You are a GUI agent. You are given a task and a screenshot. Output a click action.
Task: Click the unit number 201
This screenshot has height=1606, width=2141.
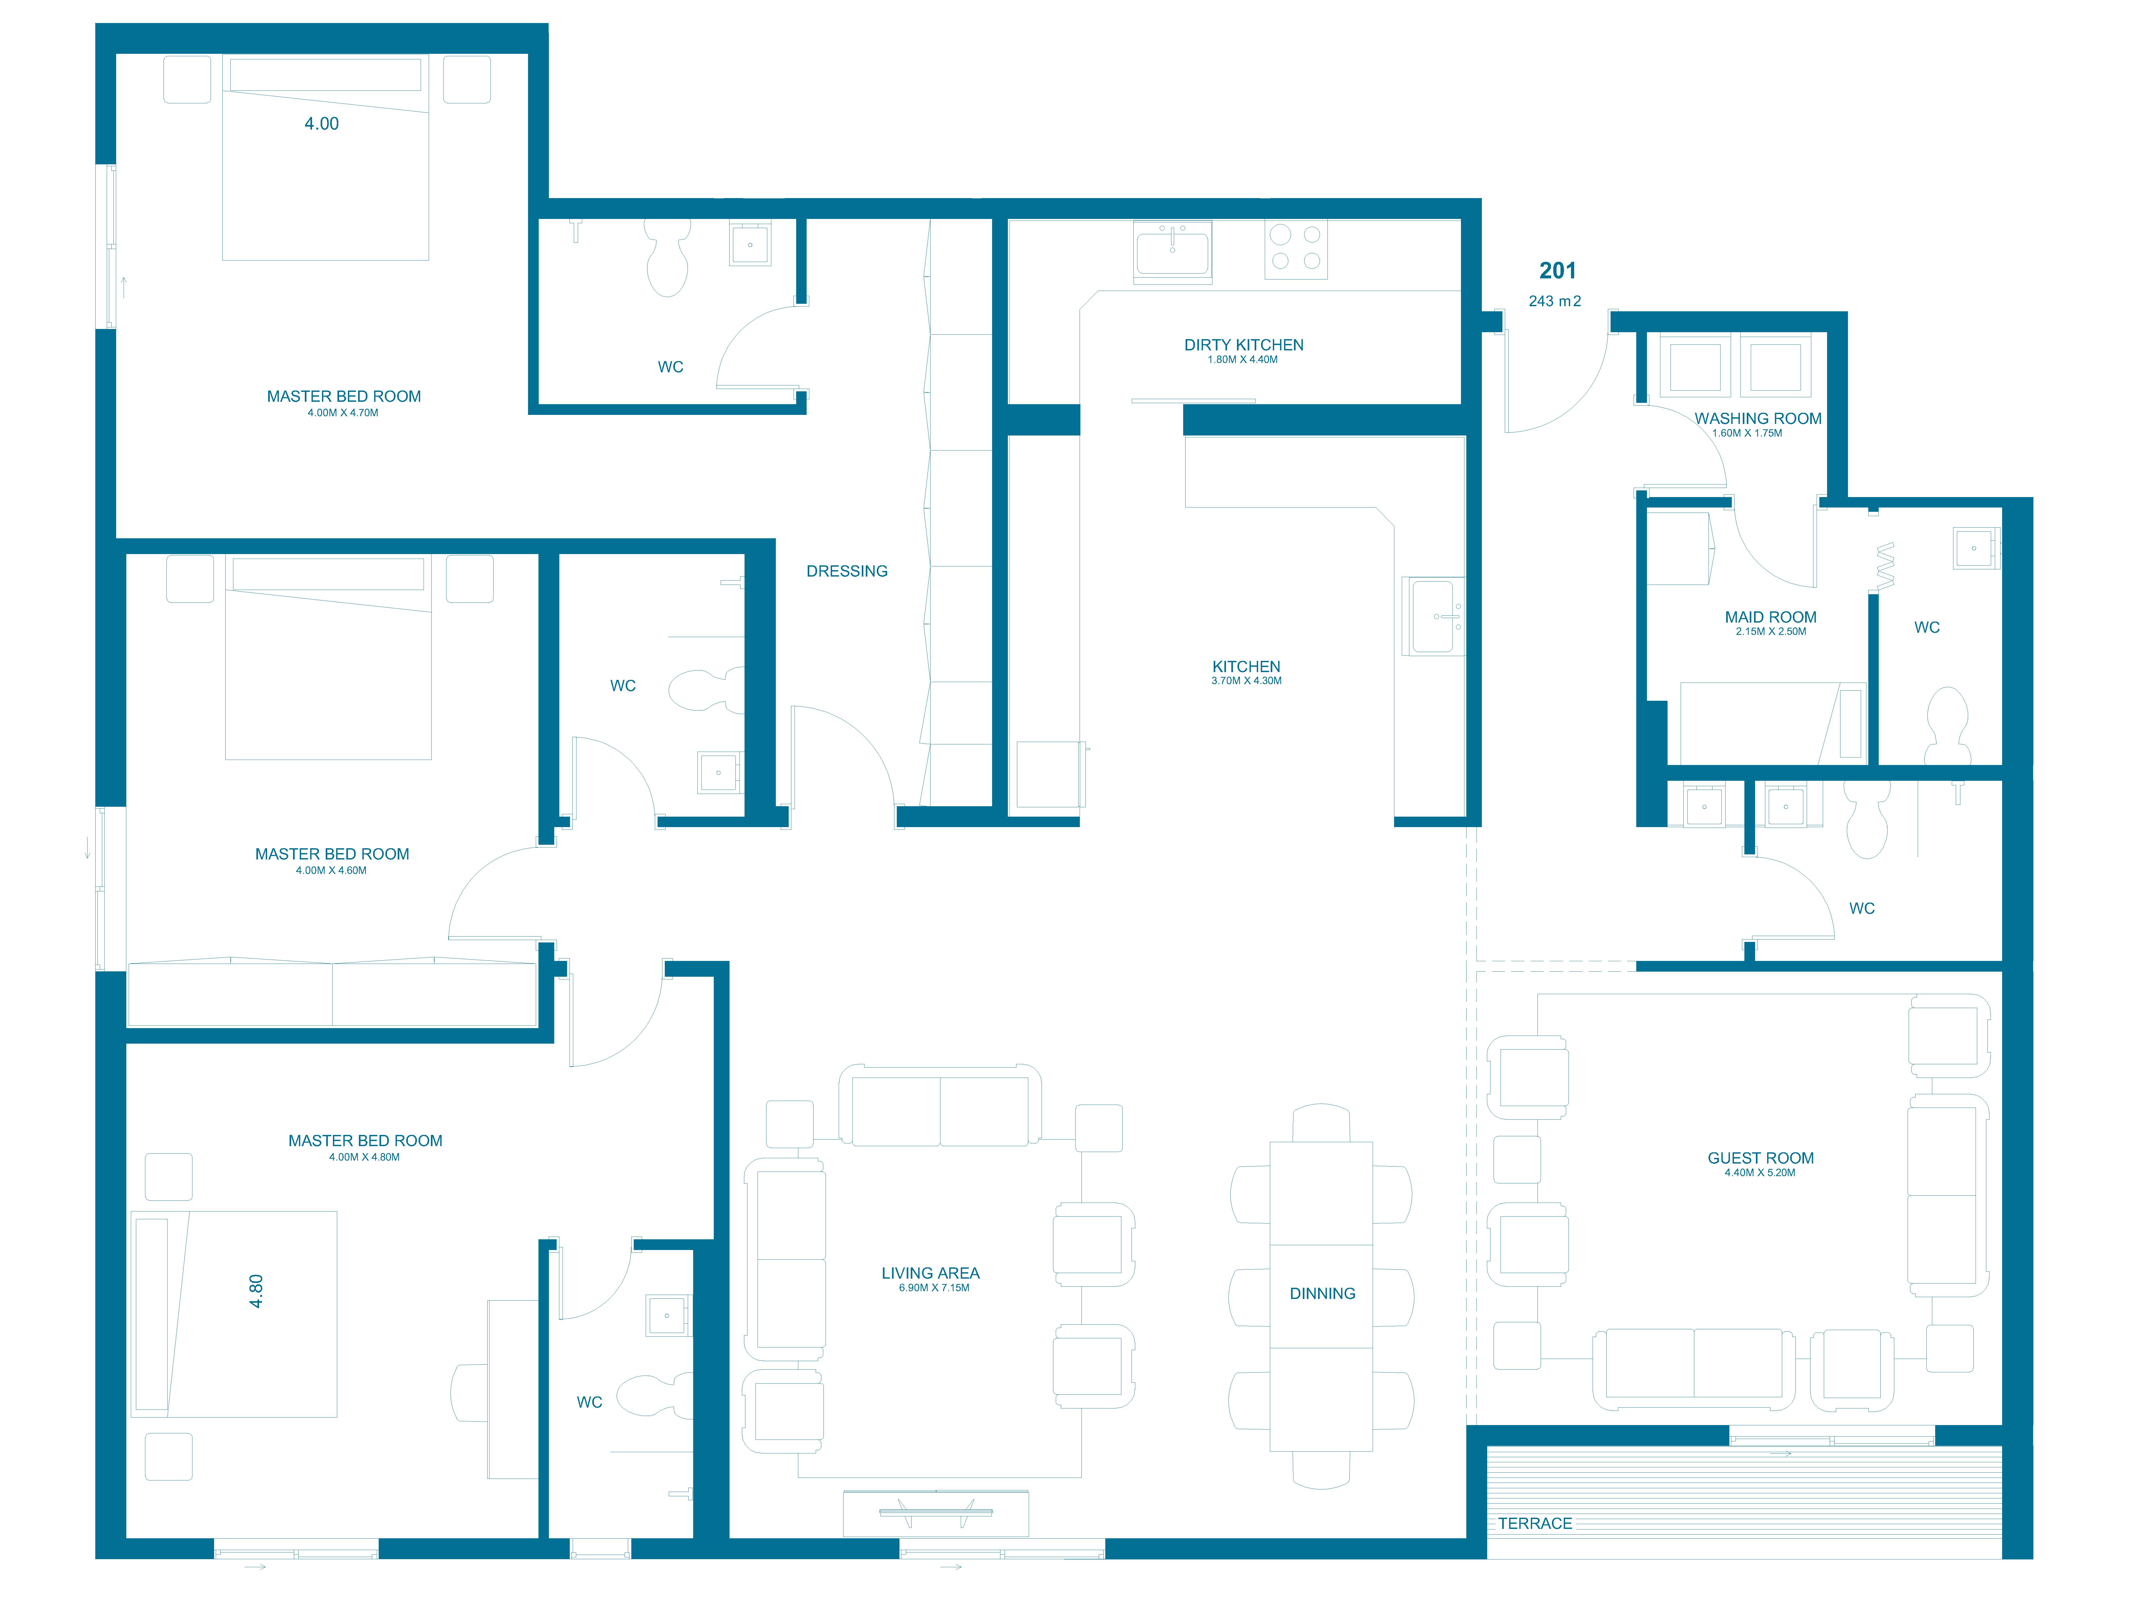[1557, 271]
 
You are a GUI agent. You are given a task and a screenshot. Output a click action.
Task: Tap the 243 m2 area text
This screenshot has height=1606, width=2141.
[1554, 301]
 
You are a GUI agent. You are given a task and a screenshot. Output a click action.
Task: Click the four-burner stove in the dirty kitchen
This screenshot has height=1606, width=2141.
[1296, 249]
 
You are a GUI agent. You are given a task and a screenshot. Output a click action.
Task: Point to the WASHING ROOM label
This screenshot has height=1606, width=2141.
[1758, 418]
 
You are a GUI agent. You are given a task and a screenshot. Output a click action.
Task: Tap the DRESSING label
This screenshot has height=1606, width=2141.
[847, 571]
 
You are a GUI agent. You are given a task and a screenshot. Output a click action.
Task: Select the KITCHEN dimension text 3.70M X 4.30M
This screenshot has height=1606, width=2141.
[1247, 680]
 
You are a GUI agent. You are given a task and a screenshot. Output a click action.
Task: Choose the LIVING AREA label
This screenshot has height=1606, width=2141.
[930, 1273]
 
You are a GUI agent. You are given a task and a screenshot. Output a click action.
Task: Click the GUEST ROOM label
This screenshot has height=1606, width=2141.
[1761, 1158]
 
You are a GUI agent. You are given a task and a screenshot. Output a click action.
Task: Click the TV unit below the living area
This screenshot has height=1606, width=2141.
[936, 1513]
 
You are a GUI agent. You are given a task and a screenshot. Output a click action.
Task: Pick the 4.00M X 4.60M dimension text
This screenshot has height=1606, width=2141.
[331, 870]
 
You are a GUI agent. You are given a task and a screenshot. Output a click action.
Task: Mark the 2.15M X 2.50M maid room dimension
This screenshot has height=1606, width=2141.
[1770, 631]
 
